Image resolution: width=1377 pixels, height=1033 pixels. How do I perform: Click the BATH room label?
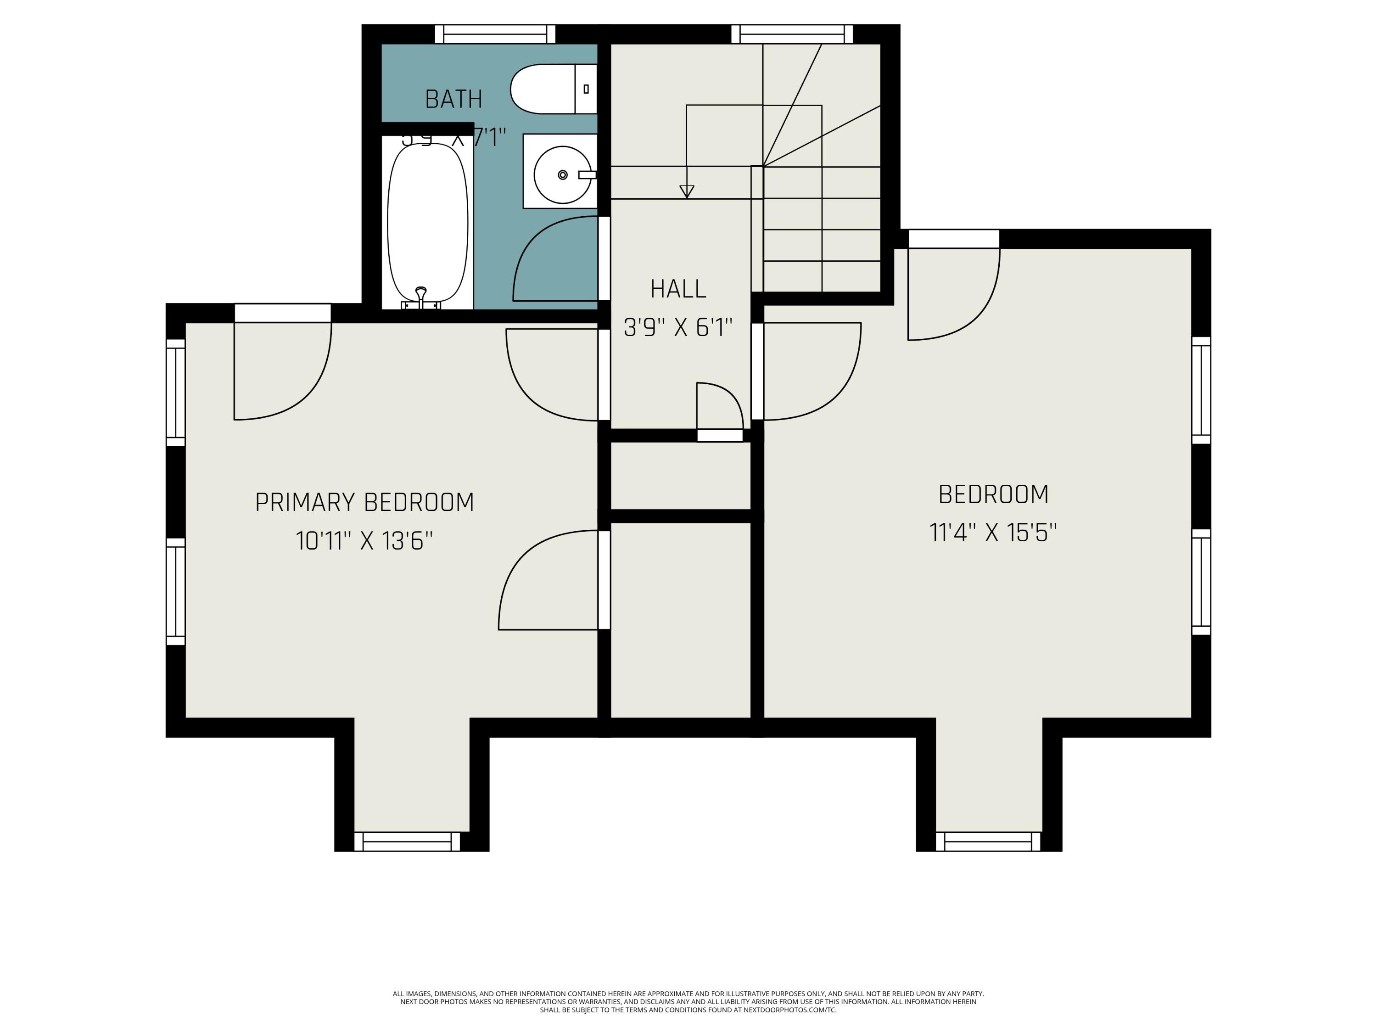[453, 100]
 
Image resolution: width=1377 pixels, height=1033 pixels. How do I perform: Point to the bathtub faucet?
[421, 295]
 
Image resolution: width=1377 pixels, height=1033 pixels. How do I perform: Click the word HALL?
[678, 289]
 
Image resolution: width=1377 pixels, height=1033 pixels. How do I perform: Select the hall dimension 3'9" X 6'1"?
[678, 327]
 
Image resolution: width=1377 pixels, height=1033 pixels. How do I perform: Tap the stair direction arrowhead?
[687, 191]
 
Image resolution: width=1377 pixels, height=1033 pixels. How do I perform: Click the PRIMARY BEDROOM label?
[364, 502]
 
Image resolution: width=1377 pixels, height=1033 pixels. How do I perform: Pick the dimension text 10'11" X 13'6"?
[364, 540]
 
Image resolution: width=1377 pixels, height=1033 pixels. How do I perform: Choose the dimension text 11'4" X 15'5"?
[993, 533]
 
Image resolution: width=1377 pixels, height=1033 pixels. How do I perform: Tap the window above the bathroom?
[495, 34]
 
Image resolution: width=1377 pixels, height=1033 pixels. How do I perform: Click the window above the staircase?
[791, 34]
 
